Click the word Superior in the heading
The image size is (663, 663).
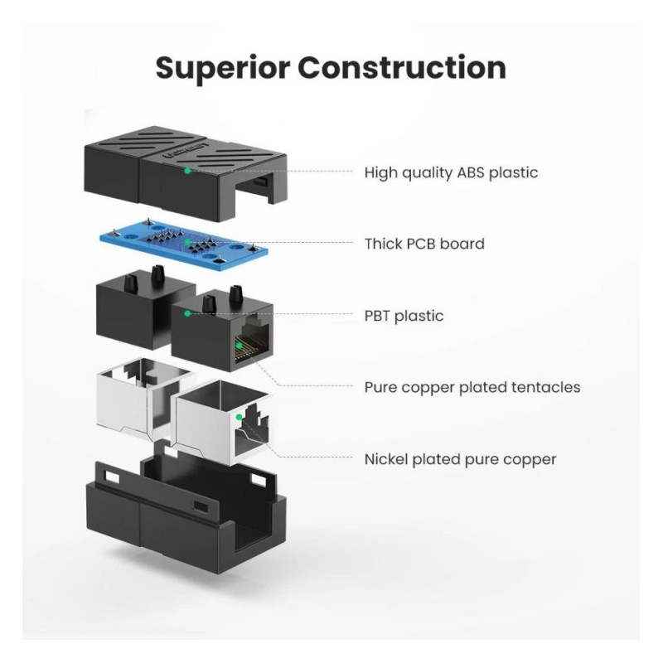coord(223,69)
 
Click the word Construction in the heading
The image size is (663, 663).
coord(403,68)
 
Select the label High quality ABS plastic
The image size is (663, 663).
coord(451,173)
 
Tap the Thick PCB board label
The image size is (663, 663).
coord(424,244)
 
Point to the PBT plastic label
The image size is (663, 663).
coord(404,316)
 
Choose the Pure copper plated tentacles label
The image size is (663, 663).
coord(472,387)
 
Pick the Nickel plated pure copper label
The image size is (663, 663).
coord(461,459)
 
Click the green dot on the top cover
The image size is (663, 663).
coord(187,171)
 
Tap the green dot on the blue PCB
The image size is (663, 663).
coord(187,242)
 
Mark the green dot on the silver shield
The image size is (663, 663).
coord(239,418)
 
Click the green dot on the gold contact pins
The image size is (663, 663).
coord(239,346)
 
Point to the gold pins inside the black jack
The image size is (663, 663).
coord(243,347)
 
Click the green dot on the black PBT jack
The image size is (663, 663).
coord(187,313)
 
